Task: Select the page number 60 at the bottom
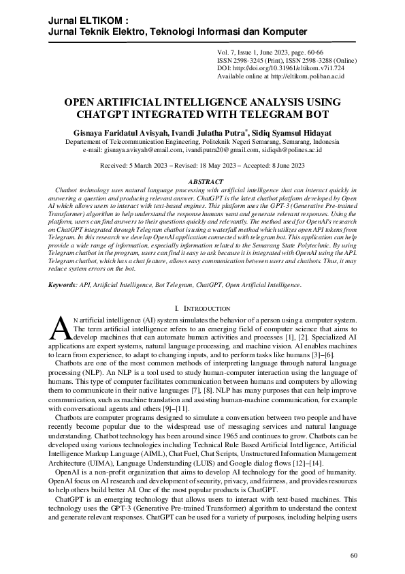pos(353,556)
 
